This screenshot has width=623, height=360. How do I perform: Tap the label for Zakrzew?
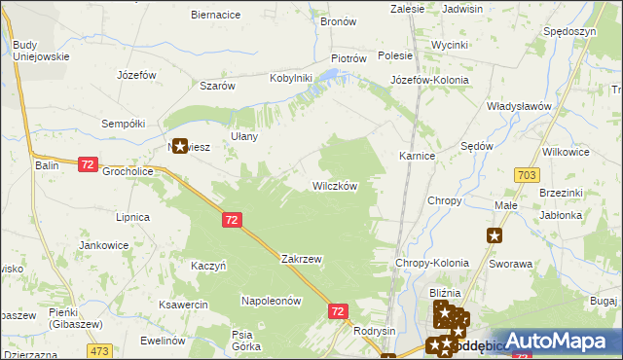pyautogui.click(x=301, y=260)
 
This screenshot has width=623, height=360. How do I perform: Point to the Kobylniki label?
pyautogui.click(x=290, y=78)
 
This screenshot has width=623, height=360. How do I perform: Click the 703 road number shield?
pyautogui.click(x=528, y=174)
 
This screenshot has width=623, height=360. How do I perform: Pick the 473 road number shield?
pyautogui.click(x=98, y=349)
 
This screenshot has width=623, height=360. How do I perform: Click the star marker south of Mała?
pyautogui.click(x=495, y=234)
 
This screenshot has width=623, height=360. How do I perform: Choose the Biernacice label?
pyautogui.click(x=216, y=16)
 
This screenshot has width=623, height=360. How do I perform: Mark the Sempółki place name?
pyautogui.click(x=124, y=124)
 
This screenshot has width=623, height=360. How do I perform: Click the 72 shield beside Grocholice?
pyautogui.click(x=88, y=165)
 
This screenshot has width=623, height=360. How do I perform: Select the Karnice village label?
pyautogui.click(x=417, y=156)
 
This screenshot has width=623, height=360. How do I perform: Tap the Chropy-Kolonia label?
pyautogui.click(x=431, y=264)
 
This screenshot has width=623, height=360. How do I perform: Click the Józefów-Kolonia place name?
pyautogui.click(x=429, y=80)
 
